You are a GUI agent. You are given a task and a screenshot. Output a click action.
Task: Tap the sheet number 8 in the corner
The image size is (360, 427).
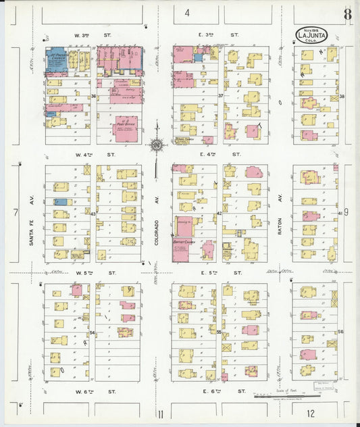[346, 14]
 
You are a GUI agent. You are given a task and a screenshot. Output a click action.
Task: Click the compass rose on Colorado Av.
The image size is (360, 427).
[157, 144]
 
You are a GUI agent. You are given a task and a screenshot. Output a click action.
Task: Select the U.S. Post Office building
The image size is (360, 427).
[126, 128]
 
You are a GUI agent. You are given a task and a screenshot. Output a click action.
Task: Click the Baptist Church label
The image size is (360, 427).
[182, 242]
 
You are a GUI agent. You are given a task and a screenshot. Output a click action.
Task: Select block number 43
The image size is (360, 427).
[93, 214]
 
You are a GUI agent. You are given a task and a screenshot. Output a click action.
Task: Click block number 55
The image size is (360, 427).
[219, 332]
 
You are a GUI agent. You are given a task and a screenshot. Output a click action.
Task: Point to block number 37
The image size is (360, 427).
[220, 96]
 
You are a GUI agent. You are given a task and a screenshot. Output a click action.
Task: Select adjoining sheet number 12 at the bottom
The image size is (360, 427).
[310, 413]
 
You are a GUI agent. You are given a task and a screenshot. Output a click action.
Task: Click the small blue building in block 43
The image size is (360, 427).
[61, 202]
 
